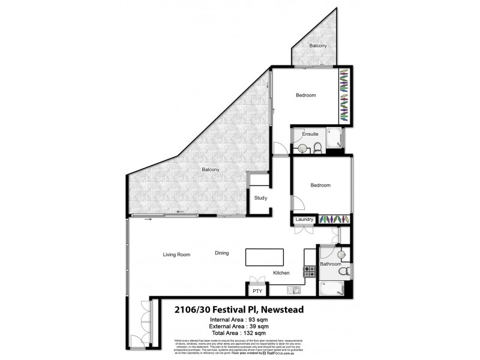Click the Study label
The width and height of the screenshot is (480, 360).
click(260, 197)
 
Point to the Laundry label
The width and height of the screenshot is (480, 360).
click(304, 220)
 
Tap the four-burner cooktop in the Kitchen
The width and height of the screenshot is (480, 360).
click(310, 271)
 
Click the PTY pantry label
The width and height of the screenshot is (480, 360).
click(257, 291)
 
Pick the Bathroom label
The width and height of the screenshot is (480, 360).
click(331, 264)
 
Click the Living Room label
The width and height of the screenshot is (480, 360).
click(176, 254)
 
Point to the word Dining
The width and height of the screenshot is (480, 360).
click(222, 253)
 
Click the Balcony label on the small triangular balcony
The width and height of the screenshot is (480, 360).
click(318, 46)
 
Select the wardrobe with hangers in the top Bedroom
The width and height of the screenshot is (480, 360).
click(344, 96)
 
